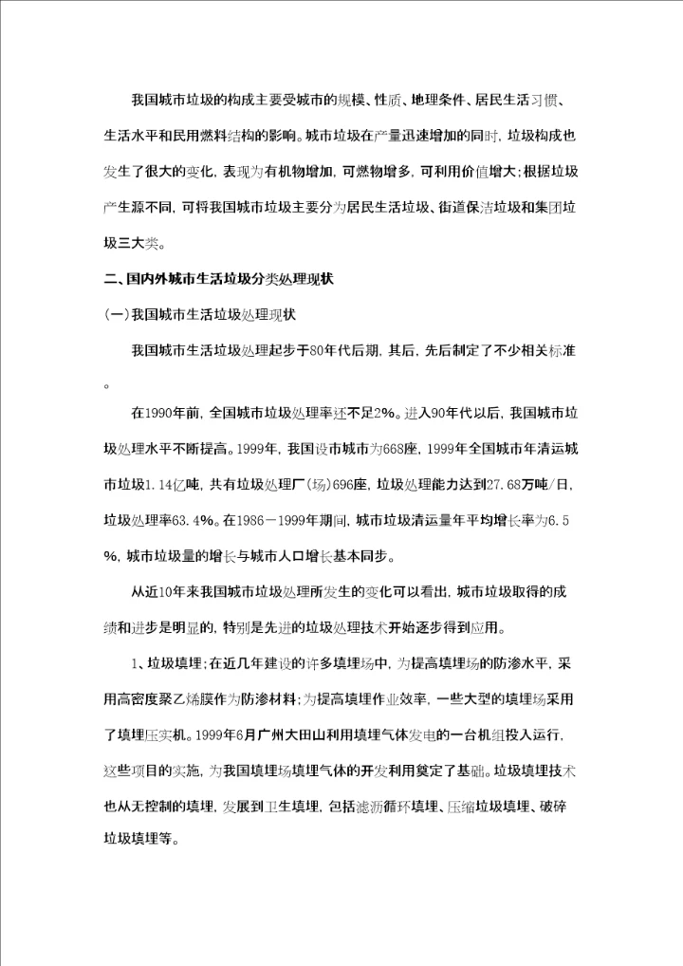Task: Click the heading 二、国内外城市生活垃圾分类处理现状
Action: pyautogui.click(x=217, y=282)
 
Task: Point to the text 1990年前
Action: pyautogui.click(x=166, y=413)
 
